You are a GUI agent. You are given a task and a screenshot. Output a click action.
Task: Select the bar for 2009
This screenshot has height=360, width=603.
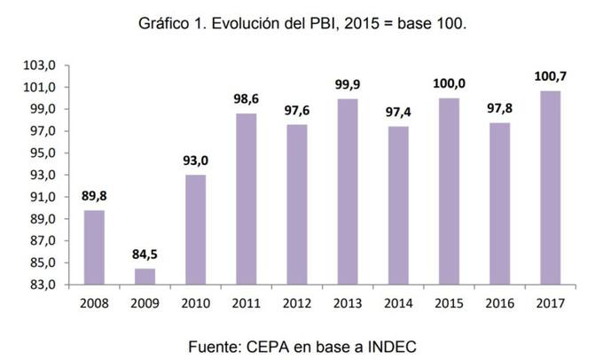[x=145, y=276]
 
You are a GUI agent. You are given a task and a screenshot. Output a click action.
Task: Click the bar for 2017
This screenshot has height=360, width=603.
[x=550, y=187]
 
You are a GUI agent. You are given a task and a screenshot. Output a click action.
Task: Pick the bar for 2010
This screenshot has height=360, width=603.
[x=195, y=229]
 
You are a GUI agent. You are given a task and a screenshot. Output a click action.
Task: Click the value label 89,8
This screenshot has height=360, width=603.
[x=94, y=196]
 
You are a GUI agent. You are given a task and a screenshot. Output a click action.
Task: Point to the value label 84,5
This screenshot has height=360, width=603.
[x=145, y=254]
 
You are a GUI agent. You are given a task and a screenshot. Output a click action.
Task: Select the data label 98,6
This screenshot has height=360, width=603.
[x=246, y=99]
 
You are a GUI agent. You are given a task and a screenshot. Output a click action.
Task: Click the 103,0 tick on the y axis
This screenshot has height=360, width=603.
[x=41, y=66]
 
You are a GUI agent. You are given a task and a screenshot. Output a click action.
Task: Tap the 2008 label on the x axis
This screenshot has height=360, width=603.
[x=94, y=303]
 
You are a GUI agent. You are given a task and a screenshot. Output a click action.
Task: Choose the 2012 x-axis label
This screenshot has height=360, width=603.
[x=296, y=303]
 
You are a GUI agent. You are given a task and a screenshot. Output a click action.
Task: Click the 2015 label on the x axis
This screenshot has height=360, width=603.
[x=449, y=303]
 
